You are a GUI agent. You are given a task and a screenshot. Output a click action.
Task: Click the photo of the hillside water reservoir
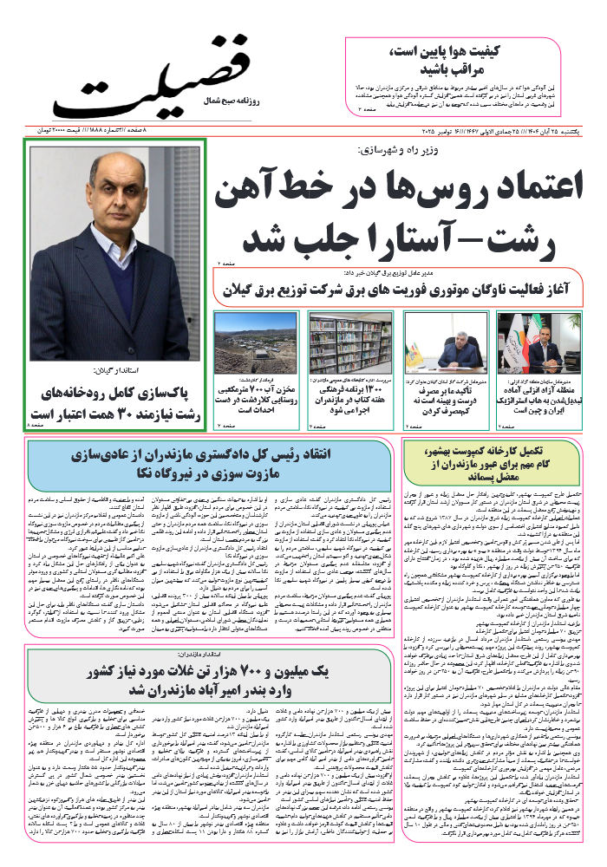point(256,342)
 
